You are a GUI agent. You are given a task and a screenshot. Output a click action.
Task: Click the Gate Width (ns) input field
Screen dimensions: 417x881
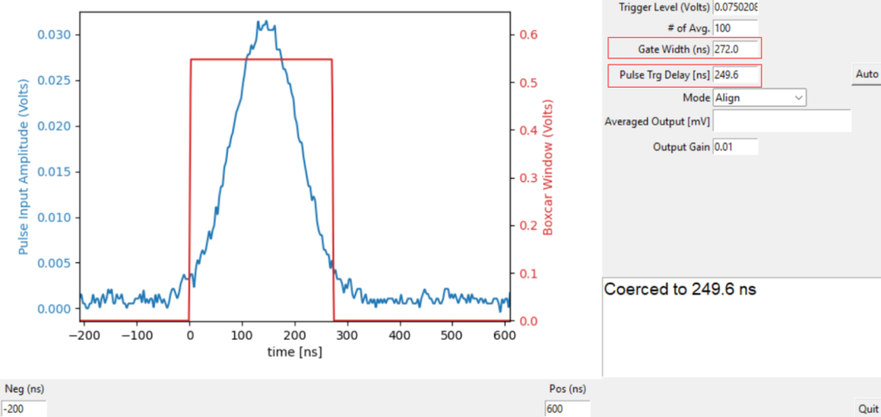click(736, 50)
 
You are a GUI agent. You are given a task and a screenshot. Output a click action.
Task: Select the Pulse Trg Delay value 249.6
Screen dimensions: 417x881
click(736, 76)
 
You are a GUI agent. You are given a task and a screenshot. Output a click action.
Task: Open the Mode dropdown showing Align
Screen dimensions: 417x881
click(759, 98)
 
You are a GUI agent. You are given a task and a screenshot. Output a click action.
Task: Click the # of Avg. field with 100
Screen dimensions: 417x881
click(736, 28)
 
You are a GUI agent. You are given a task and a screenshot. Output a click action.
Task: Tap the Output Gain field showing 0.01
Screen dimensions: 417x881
click(736, 147)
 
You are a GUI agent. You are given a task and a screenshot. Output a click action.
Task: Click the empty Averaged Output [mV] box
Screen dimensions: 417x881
click(781, 121)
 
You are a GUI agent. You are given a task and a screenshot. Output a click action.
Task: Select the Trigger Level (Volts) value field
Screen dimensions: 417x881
click(736, 8)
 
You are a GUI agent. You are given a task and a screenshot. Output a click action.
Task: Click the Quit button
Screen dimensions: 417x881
click(866, 408)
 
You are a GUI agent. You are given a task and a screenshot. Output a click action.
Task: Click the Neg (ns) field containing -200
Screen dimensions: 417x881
click(24, 409)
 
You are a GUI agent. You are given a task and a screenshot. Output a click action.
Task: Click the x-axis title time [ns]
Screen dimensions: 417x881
click(295, 353)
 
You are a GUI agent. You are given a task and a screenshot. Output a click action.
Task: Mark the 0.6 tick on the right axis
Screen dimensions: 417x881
click(525, 35)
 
